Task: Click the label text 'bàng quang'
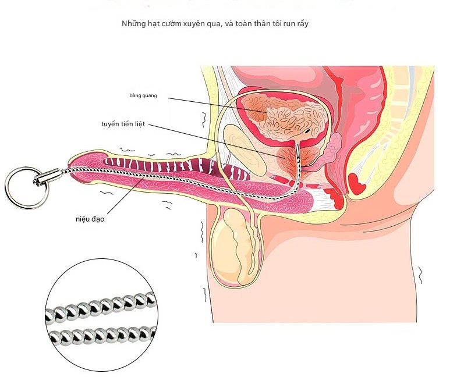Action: pos(143,95)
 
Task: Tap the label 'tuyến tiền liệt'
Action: pos(123,124)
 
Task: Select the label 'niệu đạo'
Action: pos(90,219)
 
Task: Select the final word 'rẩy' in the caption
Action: pos(302,24)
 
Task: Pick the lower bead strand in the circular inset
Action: pos(102,335)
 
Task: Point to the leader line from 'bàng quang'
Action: pos(218,105)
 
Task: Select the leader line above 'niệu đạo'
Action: pos(126,195)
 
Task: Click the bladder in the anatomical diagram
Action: pos(286,117)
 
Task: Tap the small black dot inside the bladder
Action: pos(308,131)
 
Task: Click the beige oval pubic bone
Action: pos(245,150)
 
